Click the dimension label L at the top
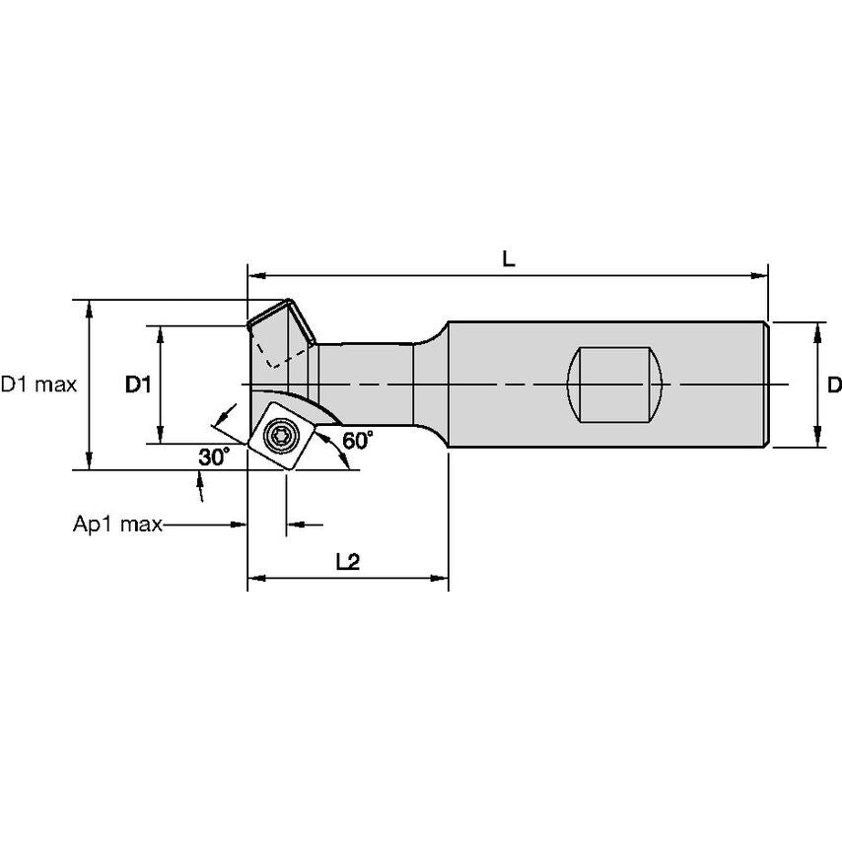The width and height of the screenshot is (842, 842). [x=508, y=259]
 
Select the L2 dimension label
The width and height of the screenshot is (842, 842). [x=347, y=561]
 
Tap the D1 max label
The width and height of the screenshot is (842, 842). [x=38, y=385]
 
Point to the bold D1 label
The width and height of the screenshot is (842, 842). [x=137, y=385]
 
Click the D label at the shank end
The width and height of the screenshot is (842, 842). [x=833, y=384]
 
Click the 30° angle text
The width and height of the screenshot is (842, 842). [x=213, y=457]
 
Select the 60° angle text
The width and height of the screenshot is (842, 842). [x=358, y=441]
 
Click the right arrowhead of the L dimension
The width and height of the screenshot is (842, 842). [x=760, y=273]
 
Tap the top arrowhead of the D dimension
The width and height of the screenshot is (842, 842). [x=817, y=328]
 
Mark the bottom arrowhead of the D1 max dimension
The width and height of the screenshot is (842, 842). [x=90, y=462]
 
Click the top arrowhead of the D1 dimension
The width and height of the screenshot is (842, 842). [x=160, y=332]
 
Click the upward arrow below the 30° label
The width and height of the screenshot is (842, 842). [x=202, y=481]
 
